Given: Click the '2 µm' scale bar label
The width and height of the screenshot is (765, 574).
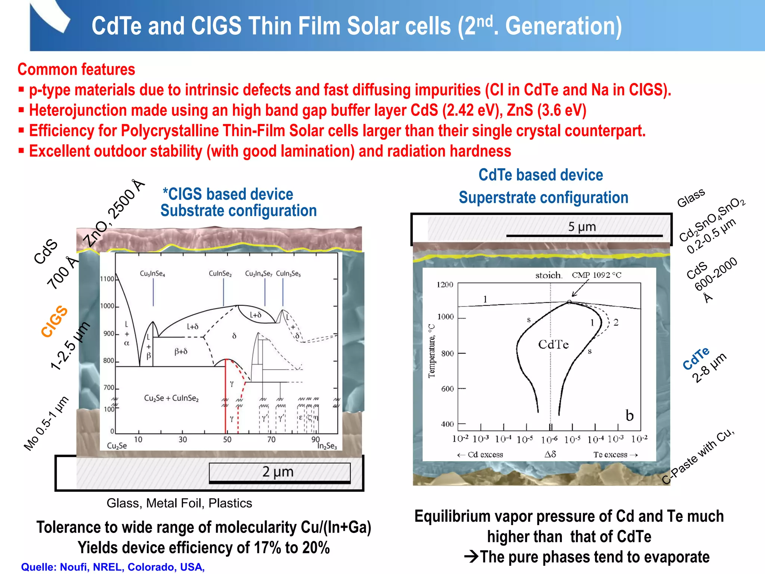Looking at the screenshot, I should (278, 472).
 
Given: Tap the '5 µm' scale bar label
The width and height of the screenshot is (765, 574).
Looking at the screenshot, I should (582, 227).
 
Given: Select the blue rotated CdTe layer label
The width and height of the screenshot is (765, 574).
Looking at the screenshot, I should (696, 358).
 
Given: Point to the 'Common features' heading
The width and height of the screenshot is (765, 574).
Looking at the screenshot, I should (76, 70).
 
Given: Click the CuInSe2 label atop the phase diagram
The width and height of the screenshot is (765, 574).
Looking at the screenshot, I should (220, 274).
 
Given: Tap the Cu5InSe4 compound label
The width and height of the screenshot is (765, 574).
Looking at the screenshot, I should (152, 274).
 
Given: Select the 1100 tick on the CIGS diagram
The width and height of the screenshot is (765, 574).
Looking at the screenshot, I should (107, 279).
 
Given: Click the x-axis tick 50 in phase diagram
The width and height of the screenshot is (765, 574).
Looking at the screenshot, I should (227, 440).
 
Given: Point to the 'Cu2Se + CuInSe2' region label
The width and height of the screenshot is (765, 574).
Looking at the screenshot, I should (171, 398).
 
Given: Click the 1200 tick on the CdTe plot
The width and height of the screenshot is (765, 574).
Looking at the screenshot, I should (445, 285).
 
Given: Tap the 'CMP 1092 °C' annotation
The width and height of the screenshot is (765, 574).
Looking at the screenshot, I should (597, 275).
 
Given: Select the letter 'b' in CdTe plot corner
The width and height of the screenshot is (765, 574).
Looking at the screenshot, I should (629, 416).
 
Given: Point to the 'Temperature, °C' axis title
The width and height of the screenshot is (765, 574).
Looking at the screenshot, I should (432, 351).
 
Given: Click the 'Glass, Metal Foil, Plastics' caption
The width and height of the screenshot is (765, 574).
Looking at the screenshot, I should (179, 503).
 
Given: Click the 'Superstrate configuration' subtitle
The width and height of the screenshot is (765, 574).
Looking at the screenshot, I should (543, 198).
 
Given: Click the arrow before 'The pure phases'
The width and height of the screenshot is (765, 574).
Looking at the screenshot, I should (471, 557).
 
